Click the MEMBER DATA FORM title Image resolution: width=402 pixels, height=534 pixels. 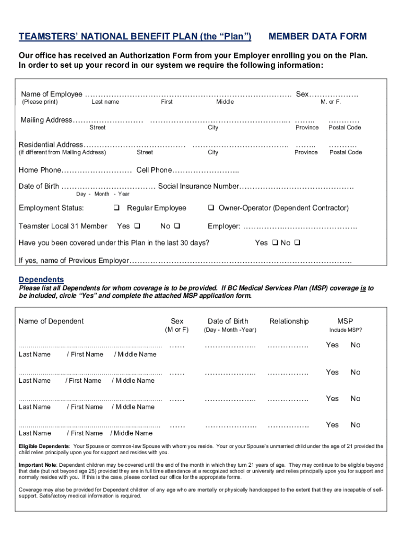317,37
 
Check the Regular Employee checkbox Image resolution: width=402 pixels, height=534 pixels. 116,209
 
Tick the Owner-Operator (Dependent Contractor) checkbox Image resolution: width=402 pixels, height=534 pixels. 211,209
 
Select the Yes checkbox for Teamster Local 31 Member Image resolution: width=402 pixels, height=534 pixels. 137,226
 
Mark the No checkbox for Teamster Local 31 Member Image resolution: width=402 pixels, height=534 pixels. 176,226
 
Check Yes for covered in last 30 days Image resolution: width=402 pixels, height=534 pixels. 275,243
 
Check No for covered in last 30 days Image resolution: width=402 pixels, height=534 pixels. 297,243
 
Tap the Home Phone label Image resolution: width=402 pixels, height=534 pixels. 40,170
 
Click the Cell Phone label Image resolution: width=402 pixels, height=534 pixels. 153,170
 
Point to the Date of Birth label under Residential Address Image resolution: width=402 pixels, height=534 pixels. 39,186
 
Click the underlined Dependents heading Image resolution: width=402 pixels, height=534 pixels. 41,280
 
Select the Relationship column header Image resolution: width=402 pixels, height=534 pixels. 289,321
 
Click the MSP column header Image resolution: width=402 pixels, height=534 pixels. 345,321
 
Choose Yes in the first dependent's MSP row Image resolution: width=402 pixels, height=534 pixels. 332,345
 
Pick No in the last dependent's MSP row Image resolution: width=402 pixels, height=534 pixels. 356,425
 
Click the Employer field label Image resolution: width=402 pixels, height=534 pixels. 224,226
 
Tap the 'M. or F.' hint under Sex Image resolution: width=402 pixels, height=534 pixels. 331,102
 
